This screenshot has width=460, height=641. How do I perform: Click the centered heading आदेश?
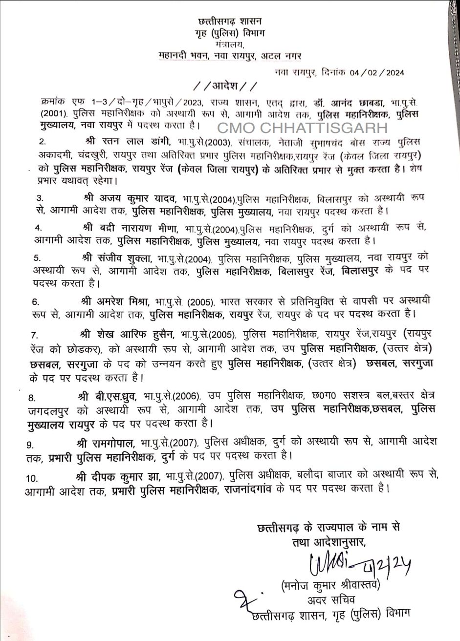coord(224,87)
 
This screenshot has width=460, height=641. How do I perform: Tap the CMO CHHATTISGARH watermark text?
coord(302,128)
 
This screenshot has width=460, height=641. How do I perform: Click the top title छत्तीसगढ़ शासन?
coord(230,21)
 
